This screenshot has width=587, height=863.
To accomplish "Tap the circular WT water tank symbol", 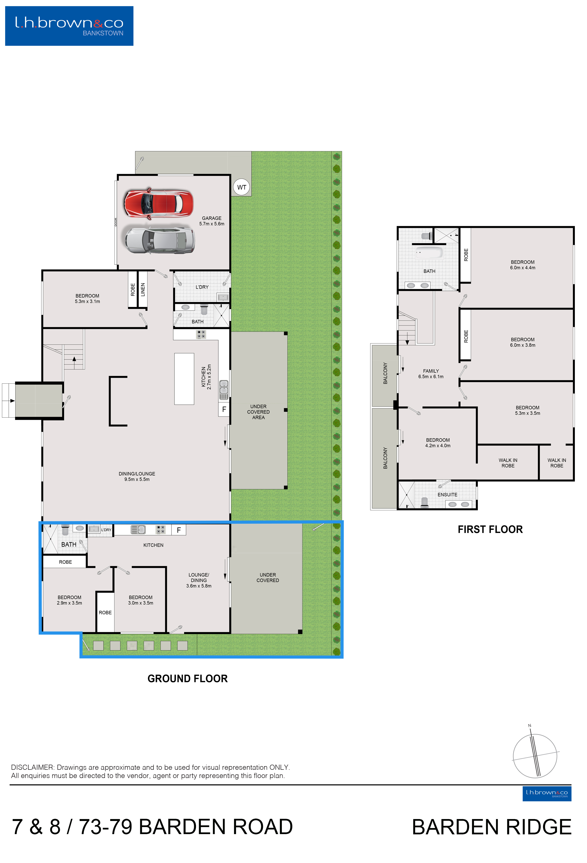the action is (242, 187).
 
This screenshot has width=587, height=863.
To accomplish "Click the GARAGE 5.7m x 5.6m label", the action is (212, 221).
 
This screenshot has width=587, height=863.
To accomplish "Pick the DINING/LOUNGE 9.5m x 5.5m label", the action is (137, 476).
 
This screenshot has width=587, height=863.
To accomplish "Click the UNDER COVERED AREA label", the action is (258, 412).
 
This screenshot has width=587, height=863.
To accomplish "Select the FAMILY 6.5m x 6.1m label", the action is (431, 373).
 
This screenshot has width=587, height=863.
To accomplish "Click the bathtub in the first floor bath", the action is (429, 253).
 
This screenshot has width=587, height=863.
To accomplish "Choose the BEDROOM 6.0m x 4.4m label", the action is (522, 265).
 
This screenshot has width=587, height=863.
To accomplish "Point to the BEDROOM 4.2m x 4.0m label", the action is (438, 443).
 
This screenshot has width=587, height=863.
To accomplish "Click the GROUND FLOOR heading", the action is (188, 678).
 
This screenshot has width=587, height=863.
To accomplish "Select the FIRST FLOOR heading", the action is (490, 529).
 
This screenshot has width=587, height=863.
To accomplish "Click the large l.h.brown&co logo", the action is (69, 26).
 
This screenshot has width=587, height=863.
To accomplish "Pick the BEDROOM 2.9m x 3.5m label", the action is (69, 600).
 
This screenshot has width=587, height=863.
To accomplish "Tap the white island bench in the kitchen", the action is (184, 379).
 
